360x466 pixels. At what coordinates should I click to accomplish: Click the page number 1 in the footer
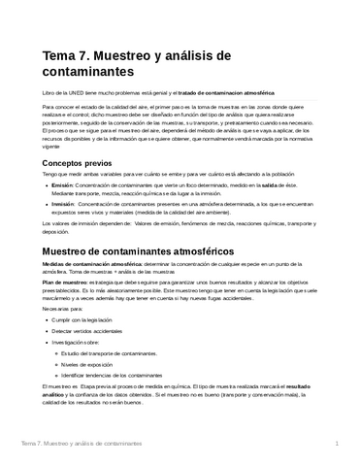pyautogui.click(x=335, y=444)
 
